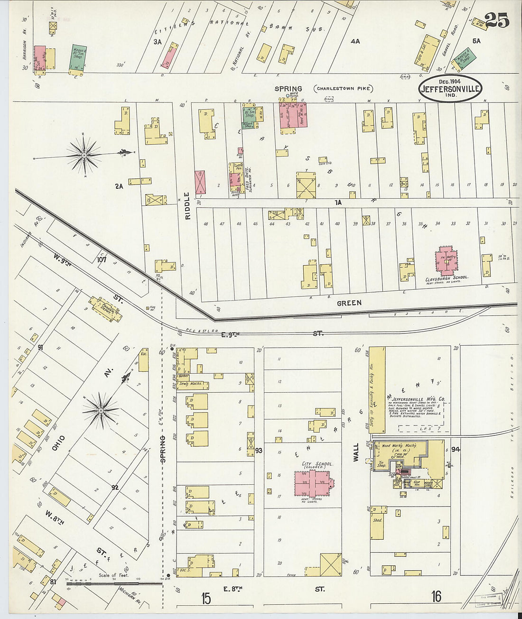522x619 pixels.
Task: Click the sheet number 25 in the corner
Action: pyautogui.click(x=497, y=20)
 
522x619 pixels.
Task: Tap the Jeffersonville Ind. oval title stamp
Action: pyautogui.click(x=450, y=88)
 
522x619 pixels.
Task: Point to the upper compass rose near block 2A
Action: pyautogui.click(x=84, y=155)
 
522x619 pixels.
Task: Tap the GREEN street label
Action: pyautogui.click(x=349, y=303)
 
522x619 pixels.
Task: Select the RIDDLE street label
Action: pyautogui.click(x=187, y=205)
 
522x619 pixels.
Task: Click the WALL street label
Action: pyautogui.click(x=356, y=451)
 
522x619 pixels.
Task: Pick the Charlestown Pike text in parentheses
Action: pyautogui.click(x=343, y=89)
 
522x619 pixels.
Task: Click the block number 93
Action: pyautogui.click(x=259, y=450)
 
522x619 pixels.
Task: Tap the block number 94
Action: pyautogui.click(x=456, y=449)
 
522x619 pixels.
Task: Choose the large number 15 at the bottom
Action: pyautogui.click(x=205, y=598)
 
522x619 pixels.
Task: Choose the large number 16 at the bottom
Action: pyautogui.click(x=436, y=596)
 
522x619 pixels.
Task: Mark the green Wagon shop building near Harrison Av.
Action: pyautogui.click(x=78, y=59)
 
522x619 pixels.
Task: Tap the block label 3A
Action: pyautogui.click(x=157, y=42)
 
